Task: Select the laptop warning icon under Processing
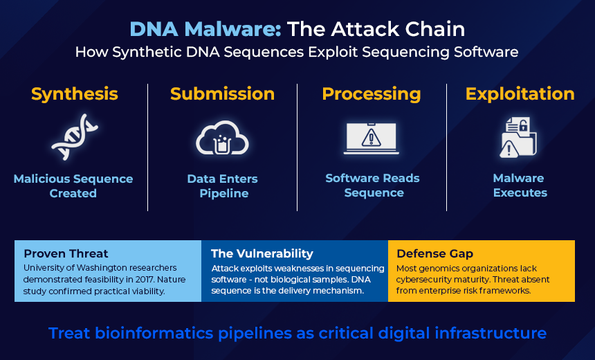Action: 372,137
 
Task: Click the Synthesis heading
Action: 75,94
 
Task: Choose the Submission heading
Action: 222,94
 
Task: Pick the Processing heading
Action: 372,94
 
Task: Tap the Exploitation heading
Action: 520,94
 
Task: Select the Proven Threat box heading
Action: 66,253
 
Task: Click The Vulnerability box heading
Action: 262,253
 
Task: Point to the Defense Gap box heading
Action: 434,253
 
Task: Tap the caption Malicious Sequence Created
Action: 73,186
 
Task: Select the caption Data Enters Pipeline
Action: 223,186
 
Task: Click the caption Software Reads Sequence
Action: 372,186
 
